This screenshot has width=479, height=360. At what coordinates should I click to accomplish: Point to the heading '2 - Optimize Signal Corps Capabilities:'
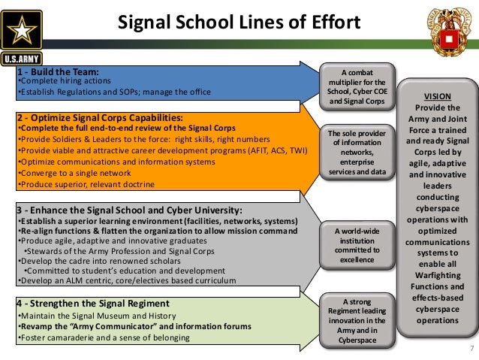(99, 118)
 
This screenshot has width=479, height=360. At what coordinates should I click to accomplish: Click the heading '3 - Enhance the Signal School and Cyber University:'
(129, 210)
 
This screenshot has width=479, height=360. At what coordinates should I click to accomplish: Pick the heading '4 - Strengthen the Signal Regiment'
(92, 303)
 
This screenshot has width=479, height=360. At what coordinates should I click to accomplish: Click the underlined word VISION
(437, 96)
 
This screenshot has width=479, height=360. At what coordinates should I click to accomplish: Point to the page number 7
(471, 348)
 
